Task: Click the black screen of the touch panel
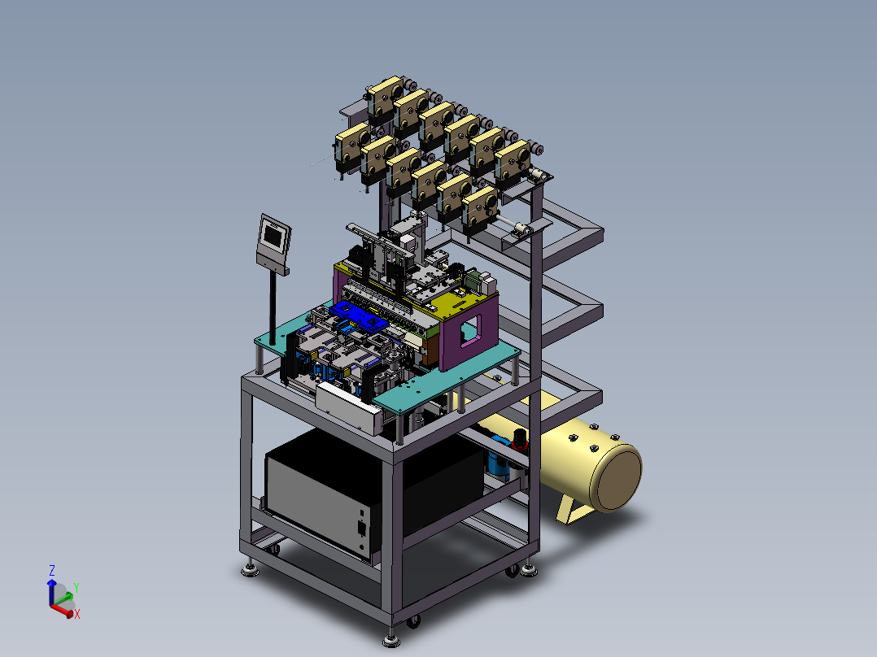click(x=273, y=236)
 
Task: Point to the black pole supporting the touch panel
click(x=273, y=307)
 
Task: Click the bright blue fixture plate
click(x=358, y=316)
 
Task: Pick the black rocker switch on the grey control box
click(x=361, y=529)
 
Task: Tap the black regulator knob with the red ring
click(x=520, y=440)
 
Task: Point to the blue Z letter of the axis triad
click(x=52, y=570)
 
